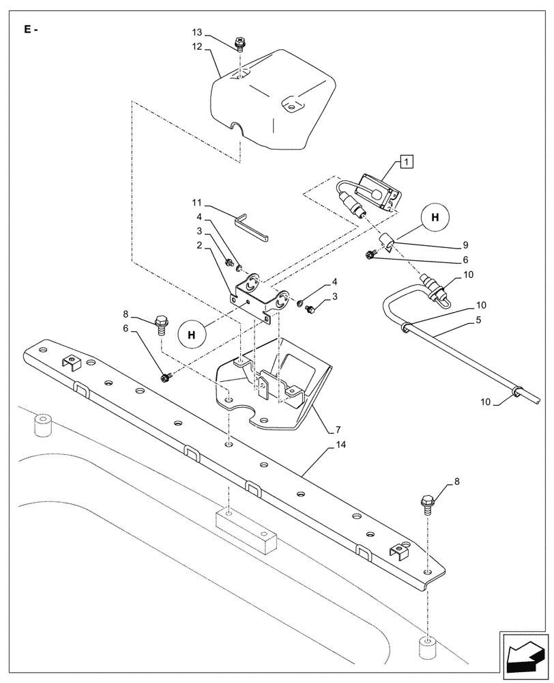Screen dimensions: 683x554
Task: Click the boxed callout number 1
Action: click(406, 162)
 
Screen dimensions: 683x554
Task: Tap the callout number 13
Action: click(197, 33)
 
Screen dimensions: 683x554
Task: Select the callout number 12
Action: click(197, 46)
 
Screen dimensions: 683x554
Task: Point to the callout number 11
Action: click(197, 203)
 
